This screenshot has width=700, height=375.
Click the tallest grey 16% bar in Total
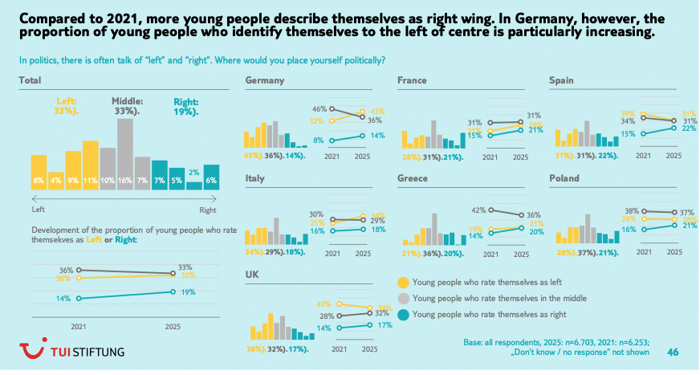(124, 153)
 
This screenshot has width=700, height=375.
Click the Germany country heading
(265, 80)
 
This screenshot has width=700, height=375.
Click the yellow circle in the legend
(404, 282)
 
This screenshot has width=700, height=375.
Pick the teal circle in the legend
(404, 315)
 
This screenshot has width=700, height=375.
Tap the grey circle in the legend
(404, 298)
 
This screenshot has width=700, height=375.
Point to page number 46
(674, 351)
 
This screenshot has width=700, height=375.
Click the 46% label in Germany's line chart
(319, 108)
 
